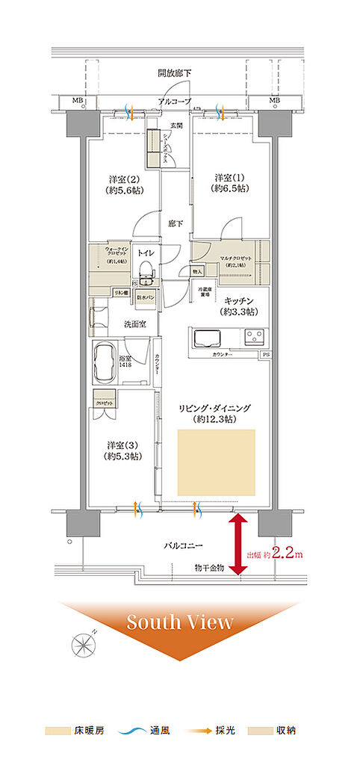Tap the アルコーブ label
[175, 101]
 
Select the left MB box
[77, 101]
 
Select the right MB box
[274, 101]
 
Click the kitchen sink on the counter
[209, 338]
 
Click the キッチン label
[239, 306]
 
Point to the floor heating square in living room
[216, 460]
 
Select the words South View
[179, 622]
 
